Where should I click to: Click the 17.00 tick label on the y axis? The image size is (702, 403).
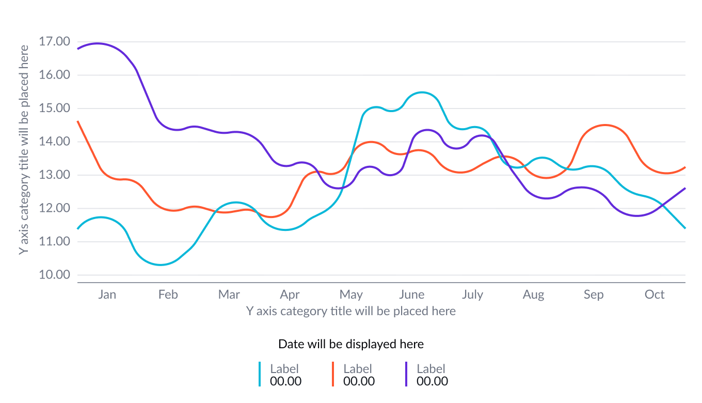coord(54,41)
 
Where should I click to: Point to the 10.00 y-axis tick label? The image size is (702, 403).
coord(54,275)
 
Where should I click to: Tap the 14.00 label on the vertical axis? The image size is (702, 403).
coord(54,142)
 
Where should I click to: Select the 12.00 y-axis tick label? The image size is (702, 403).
coord(54,208)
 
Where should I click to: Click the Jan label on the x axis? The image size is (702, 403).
coord(107,295)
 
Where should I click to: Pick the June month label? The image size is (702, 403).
coord(411,295)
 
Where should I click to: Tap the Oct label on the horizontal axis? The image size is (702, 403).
coord(655,295)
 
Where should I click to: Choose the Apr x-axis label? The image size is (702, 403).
coord(290,295)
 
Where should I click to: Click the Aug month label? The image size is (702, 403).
coord(533,295)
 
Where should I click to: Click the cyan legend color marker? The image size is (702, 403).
coord(260,374)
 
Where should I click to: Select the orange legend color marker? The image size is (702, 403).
coord(333,374)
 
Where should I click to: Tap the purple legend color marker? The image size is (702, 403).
coord(406,374)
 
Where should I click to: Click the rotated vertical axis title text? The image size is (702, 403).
coord(23,149)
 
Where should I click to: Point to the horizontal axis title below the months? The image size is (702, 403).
coord(351,311)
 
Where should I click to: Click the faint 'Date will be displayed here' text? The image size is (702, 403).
coord(351,344)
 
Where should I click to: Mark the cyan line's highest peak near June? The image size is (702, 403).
coord(422,92)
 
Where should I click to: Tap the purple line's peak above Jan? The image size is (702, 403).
coord(97,43)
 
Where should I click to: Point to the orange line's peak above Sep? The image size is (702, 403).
coord(605,125)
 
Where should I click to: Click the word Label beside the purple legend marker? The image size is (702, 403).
coord(430,369)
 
